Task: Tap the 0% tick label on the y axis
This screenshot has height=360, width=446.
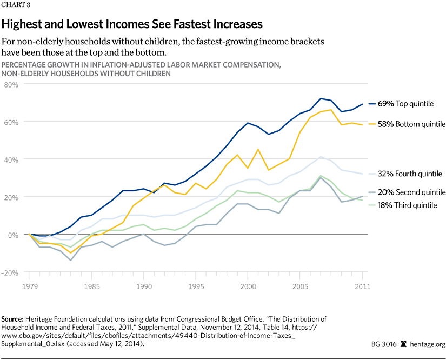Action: pyautogui.click(x=14, y=235)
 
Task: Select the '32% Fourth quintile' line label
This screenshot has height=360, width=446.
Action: pyautogui.click(x=410, y=174)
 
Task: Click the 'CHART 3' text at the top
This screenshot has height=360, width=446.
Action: pyautogui.click(x=16, y=6)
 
